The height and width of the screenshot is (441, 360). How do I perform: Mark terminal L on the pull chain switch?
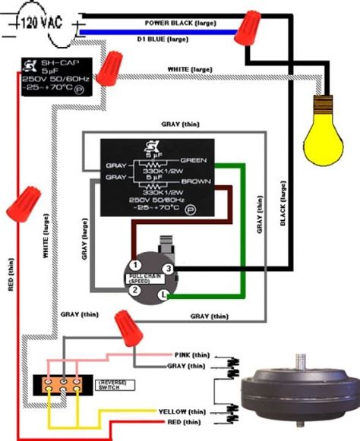(163, 293)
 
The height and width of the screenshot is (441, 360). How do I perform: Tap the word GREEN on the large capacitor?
(194, 159)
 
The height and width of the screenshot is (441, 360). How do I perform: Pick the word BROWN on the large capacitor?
(194, 182)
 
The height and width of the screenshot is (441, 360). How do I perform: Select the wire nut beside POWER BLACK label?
(246, 30)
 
